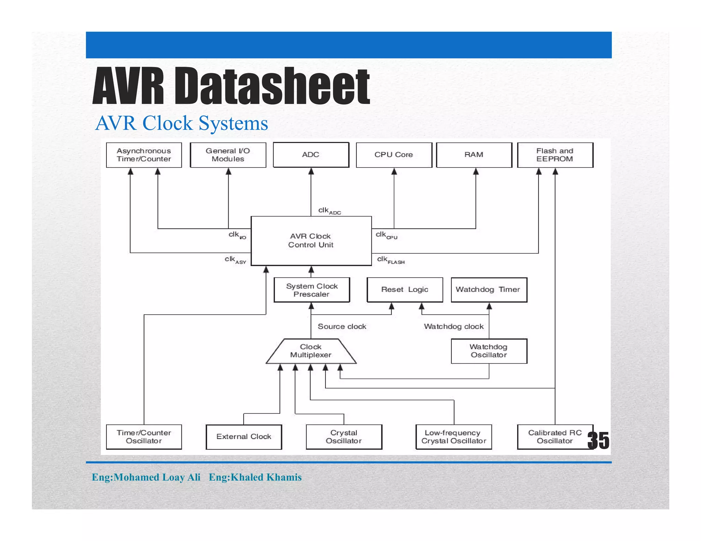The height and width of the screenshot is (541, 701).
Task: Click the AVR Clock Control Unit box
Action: pos(311,240)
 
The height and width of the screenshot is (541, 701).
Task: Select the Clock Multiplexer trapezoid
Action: pos(311,351)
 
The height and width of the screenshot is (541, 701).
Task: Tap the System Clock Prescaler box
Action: pos(311,290)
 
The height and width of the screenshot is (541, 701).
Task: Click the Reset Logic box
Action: pos(405,290)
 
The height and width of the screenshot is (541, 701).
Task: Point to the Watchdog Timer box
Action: pos(488,290)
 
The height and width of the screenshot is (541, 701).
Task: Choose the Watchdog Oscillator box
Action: pos(488,351)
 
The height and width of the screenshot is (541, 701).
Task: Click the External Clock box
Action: pos(244,437)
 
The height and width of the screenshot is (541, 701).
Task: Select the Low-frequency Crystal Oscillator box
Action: pos(454,437)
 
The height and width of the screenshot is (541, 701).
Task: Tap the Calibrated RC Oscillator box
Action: pos(555,437)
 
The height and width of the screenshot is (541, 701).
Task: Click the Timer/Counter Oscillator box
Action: pos(144,437)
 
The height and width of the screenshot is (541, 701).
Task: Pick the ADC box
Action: pos(311,155)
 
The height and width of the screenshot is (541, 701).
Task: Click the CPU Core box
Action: pos(394,155)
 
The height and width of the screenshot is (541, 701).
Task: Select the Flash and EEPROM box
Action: pos(555,155)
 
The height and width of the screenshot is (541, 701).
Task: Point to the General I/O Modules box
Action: pos(228,155)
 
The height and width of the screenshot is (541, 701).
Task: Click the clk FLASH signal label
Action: pos(391,260)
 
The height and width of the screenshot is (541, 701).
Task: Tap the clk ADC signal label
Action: pos(329,211)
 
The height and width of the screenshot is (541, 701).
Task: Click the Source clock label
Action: pos(342,327)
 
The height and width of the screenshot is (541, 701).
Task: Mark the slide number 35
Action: pos(598,440)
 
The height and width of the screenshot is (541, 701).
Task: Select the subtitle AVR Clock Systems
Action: pos(181,123)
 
